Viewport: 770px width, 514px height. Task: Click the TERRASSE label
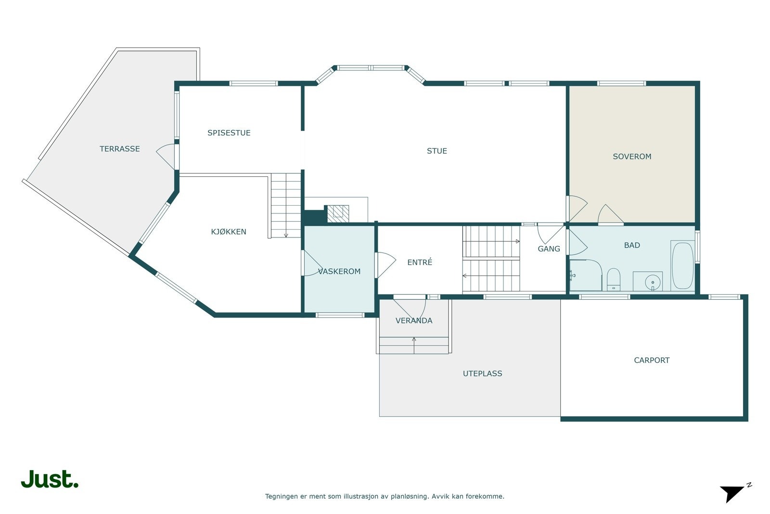119,149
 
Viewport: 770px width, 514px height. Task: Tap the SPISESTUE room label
229,133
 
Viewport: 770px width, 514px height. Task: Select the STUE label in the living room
436,151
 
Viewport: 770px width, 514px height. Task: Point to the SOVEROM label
631,157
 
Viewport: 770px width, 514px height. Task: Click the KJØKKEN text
228,232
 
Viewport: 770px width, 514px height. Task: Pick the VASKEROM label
339,272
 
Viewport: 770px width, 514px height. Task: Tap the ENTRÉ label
419,263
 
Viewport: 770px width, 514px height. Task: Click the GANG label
549,249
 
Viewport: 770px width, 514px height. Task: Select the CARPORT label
651,360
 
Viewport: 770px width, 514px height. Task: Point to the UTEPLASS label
482,373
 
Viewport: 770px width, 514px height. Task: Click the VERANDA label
413,321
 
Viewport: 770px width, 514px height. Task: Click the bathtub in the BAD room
682,266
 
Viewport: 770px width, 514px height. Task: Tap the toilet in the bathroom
613,280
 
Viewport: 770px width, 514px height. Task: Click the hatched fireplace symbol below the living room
338,213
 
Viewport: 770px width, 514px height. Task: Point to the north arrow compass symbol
733,493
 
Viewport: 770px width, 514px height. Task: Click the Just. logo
50,479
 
